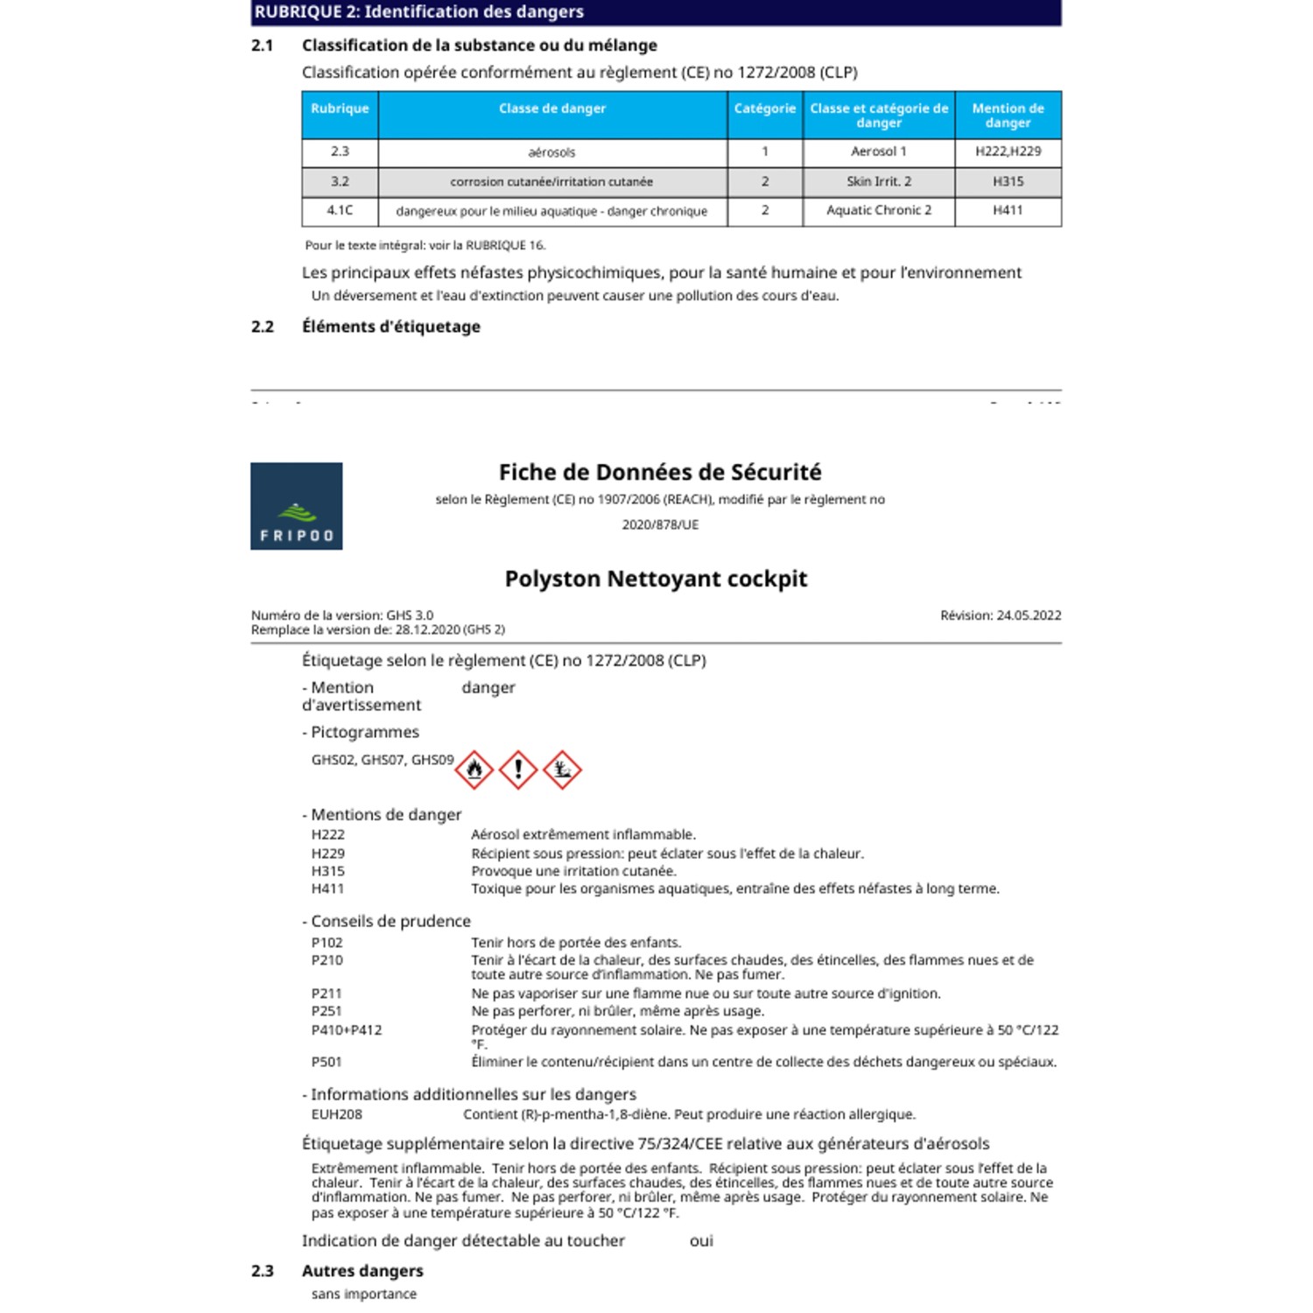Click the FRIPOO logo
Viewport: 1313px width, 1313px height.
point(296,506)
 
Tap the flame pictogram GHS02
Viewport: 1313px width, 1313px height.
point(474,769)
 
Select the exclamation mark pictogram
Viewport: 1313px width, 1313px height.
point(518,769)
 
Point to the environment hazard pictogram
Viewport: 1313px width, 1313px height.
point(562,769)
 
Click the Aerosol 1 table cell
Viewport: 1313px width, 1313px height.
point(878,151)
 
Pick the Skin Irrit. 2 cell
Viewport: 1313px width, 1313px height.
point(878,181)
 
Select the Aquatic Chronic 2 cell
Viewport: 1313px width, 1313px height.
point(878,210)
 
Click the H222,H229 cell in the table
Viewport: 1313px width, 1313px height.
point(1008,151)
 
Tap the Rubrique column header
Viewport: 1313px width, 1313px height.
point(340,109)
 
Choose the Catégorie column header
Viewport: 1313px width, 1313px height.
point(764,109)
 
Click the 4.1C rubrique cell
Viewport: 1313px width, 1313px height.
point(340,210)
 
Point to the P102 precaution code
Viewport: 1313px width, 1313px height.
point(327,943)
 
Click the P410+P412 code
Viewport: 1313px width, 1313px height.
point(347,1030)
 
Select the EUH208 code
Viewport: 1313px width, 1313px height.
point(336,1114)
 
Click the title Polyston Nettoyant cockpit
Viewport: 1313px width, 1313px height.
point(656,579)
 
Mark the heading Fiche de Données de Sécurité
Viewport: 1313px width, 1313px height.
point(660,473)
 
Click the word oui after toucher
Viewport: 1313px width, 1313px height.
point(701,1240)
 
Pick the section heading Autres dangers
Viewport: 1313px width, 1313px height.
point(362,1271)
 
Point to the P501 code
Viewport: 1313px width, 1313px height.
point(326,1062)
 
